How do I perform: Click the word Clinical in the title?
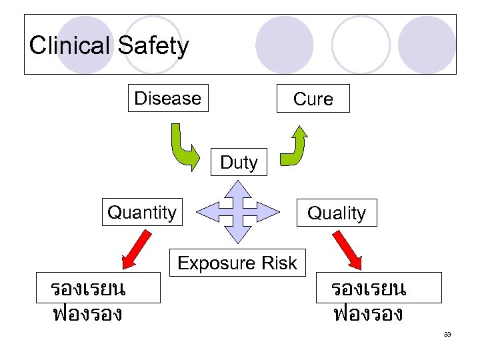[70, 46]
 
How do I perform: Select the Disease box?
[167, 98]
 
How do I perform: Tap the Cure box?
[313, 99]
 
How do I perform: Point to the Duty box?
[239, 162]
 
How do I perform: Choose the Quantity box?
[142, 213]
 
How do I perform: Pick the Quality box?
[336, 213]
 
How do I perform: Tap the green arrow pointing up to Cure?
[293, 145]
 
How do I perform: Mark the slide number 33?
[447, 334]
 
